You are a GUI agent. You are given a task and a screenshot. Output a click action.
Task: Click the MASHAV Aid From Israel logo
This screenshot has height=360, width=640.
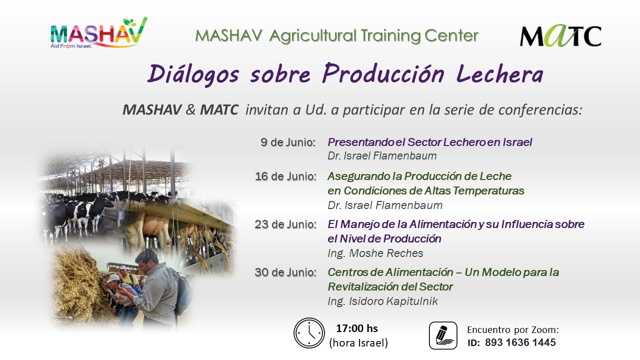coord(98,33)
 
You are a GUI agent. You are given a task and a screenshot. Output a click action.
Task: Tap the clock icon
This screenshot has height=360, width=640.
coord(309,333)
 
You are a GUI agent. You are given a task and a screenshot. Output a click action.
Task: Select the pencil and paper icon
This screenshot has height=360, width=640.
coord(443,335)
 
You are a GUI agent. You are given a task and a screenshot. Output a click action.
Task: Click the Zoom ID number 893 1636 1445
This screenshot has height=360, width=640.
coord(520,342)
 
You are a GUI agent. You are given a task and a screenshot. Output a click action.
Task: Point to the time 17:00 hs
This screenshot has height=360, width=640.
coord(357,328)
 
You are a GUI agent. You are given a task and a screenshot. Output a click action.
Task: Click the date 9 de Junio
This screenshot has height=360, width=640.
coord(288,142)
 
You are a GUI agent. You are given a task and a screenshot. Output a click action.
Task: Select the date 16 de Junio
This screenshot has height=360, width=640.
coord(285,176)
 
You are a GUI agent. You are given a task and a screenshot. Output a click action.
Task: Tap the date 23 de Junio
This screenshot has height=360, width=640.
coord(285,224)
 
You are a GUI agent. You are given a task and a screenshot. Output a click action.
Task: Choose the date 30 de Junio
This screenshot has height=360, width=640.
coord(285,272)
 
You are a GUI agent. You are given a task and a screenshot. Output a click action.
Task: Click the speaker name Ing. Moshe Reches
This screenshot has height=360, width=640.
coord(375,253)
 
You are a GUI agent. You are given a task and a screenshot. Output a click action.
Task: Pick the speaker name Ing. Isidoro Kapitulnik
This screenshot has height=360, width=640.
coord(383,301)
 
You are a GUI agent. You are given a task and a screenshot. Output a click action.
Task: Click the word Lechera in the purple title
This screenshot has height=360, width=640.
coord(499,74)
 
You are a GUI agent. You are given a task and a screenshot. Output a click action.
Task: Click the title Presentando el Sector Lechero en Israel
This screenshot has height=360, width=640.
coord(429,142)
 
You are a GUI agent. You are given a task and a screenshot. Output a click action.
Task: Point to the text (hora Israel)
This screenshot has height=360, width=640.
coord(358,343)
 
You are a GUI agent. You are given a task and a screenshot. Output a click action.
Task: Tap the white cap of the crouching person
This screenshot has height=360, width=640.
coord(113,278)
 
